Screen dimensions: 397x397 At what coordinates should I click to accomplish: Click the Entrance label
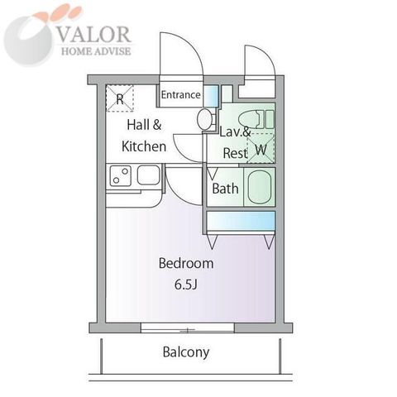coord(180,95)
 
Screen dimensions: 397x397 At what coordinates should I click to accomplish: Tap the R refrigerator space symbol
coord(120,98)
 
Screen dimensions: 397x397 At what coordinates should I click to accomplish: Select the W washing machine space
coord(261,148)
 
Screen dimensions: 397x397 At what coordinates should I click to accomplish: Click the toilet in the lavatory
coord(256,119)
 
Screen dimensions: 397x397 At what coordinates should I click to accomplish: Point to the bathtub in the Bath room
coord(260,187)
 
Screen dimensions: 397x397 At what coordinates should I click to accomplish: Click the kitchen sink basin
coord(148,175)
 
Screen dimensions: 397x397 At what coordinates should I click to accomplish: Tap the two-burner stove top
coord(121,175)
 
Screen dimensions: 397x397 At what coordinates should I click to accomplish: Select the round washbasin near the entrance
coord(204,119)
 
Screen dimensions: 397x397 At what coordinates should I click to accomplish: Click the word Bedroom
coord(186,263)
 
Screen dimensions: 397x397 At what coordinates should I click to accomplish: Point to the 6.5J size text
coord(186,285)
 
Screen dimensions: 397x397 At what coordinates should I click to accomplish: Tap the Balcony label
coord(186,352)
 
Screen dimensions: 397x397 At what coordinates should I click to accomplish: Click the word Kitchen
coord(144,146)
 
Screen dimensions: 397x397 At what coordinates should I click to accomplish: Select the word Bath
coord(225,189)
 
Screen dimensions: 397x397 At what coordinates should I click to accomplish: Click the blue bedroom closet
coord(241,221)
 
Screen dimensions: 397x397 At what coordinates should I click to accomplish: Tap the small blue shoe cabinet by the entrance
coord(211,95)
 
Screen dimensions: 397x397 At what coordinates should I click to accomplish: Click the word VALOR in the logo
coord(93,35)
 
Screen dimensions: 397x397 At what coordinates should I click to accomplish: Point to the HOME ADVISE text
coord(96,51)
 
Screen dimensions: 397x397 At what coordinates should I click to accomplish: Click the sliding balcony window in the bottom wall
coord(188,328)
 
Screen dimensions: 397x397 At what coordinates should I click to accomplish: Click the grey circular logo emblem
coord(27,41)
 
